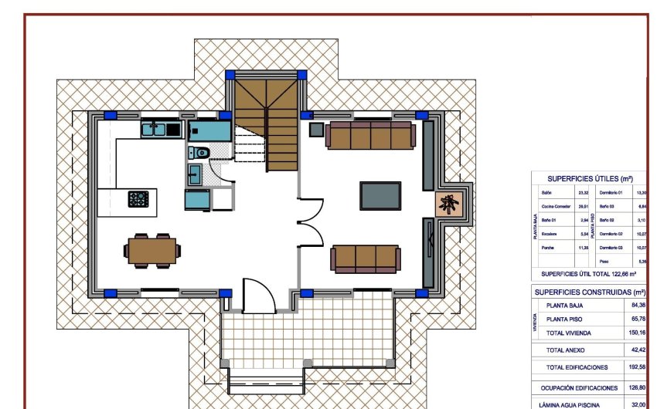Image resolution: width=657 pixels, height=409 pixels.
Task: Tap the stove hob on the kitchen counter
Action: (x=138, y=199)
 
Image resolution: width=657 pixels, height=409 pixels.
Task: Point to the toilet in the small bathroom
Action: (x=197, y=152)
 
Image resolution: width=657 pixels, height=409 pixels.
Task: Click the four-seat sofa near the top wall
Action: (x=369, y=134)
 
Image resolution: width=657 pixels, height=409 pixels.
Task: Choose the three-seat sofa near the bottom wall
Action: (x=366, y=258)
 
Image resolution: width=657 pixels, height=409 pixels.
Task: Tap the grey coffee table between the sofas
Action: (x=380, y=194)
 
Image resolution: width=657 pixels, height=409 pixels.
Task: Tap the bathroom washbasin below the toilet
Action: (x=195, y=173)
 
